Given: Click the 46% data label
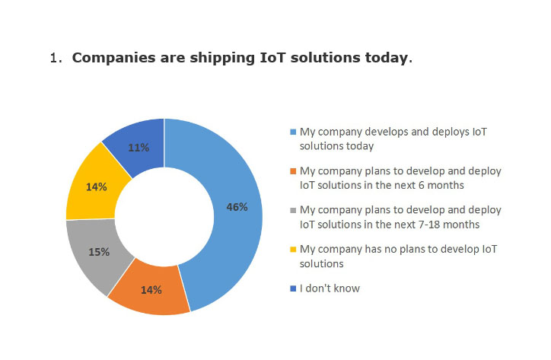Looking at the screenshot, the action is tap(237, 207).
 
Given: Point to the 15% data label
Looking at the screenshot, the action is tap(99, 252).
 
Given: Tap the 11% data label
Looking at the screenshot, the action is tap(139, 148).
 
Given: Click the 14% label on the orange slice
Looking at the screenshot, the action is tap(151, 290).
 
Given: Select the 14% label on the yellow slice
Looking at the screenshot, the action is tap(97, 187).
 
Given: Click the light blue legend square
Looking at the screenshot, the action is tap(293, 132).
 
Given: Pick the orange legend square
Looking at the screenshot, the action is tap(293, 171).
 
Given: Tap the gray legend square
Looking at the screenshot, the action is tap(293, 210).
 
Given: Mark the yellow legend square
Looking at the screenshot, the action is tap(293, 250).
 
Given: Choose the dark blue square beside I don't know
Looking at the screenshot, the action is tap(293, 288).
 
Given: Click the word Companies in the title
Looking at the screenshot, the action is tap(113, 58).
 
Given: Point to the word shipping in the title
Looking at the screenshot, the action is tap(222, 59).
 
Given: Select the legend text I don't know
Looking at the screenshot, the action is tap(330, 288).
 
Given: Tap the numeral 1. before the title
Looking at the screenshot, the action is tap(56, 58).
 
